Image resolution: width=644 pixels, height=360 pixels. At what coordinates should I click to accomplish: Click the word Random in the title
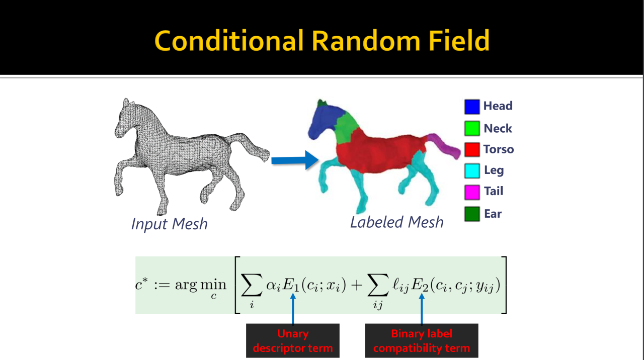[366, 41]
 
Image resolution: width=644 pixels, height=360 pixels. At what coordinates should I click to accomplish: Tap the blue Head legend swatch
[472, 107]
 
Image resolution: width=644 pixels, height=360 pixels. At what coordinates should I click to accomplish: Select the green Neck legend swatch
[472, 128]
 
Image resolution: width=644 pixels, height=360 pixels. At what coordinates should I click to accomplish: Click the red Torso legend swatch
[472, 149]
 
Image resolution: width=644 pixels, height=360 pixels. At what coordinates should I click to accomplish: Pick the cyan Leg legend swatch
[472, 170]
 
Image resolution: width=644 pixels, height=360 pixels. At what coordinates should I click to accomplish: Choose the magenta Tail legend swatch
[472, 192]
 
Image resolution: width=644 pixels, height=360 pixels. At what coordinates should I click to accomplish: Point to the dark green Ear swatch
[472, 214]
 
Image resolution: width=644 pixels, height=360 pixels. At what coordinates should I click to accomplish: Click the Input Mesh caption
[170, 224]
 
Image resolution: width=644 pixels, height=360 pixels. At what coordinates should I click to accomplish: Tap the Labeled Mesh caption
[397, 222]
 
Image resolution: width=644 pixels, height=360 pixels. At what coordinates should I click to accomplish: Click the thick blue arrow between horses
[295, 160]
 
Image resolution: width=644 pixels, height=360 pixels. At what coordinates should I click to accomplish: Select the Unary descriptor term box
[293, 341]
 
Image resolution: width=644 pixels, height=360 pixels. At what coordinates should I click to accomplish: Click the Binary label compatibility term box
[422, 341]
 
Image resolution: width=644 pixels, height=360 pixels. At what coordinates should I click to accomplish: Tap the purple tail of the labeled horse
[444, 146]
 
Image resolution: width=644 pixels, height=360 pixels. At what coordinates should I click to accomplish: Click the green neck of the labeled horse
[347, 128]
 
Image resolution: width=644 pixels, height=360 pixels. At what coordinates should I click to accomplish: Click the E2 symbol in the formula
[420, 286]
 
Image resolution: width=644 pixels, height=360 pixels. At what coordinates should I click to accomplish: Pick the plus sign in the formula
[357, 286]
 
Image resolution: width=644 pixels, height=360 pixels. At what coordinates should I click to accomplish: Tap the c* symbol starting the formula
[141, 284]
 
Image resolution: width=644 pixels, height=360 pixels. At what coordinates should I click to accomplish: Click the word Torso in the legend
[499, 149]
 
